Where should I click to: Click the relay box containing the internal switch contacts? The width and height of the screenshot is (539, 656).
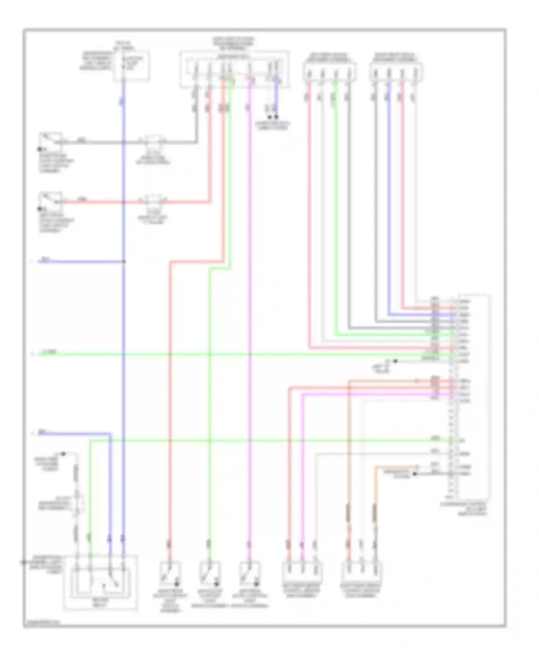(101, 582)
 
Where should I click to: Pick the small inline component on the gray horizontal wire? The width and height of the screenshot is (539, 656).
(154, 141)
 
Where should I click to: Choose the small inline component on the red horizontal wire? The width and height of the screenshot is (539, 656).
(154, 200)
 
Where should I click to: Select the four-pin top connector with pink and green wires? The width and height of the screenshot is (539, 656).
(329, 72)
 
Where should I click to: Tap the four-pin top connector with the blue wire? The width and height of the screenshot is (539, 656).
(396, 72)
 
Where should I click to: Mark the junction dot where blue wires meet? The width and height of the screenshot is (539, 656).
(124, 262)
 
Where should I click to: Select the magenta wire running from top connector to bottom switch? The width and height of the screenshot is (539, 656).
(250, 323)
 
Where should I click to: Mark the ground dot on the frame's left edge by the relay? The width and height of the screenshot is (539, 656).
(24, 562)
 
